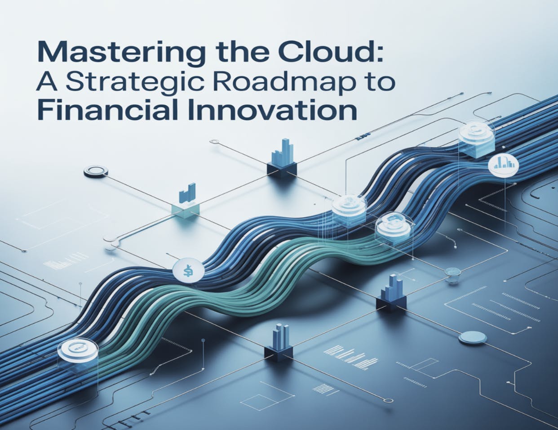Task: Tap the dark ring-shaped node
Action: point(96,170)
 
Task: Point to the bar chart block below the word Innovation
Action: point(283,159)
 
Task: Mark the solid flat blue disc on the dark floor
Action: point(474,336)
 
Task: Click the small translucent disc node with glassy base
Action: point(452,273)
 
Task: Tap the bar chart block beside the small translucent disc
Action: point(392,292)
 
